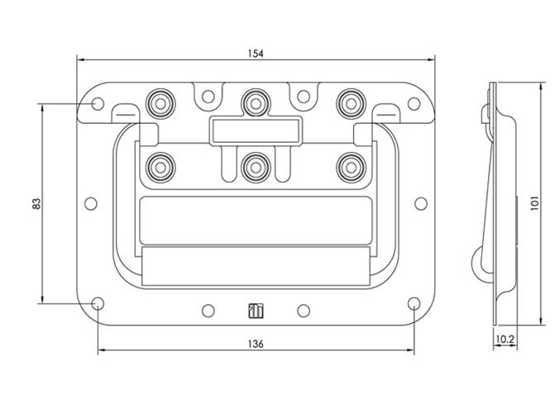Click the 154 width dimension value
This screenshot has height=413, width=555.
pyautogui.click(x=256, y=53)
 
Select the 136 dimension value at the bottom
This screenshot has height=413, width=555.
pyautogui.click(x=256, y=344)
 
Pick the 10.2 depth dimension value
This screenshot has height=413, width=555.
pyautogui.click(x=505, y=339)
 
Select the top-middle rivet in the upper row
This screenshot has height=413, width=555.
pyautogui.click(x=256, y=103)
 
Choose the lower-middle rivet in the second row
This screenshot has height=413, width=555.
pyautogui.click(x=256, y=167)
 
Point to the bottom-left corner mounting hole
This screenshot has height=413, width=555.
pyautogui.click(x=98, y=303)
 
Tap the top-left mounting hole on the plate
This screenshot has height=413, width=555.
pyautogui.click(x=98, y=104)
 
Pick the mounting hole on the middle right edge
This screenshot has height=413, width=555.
pyautogui.click(x=420, y=203)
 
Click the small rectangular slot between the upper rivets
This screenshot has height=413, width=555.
pyautogui.click(x=256, y=130)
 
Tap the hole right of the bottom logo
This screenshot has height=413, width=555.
pyautogui.click(x=304, y=311)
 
